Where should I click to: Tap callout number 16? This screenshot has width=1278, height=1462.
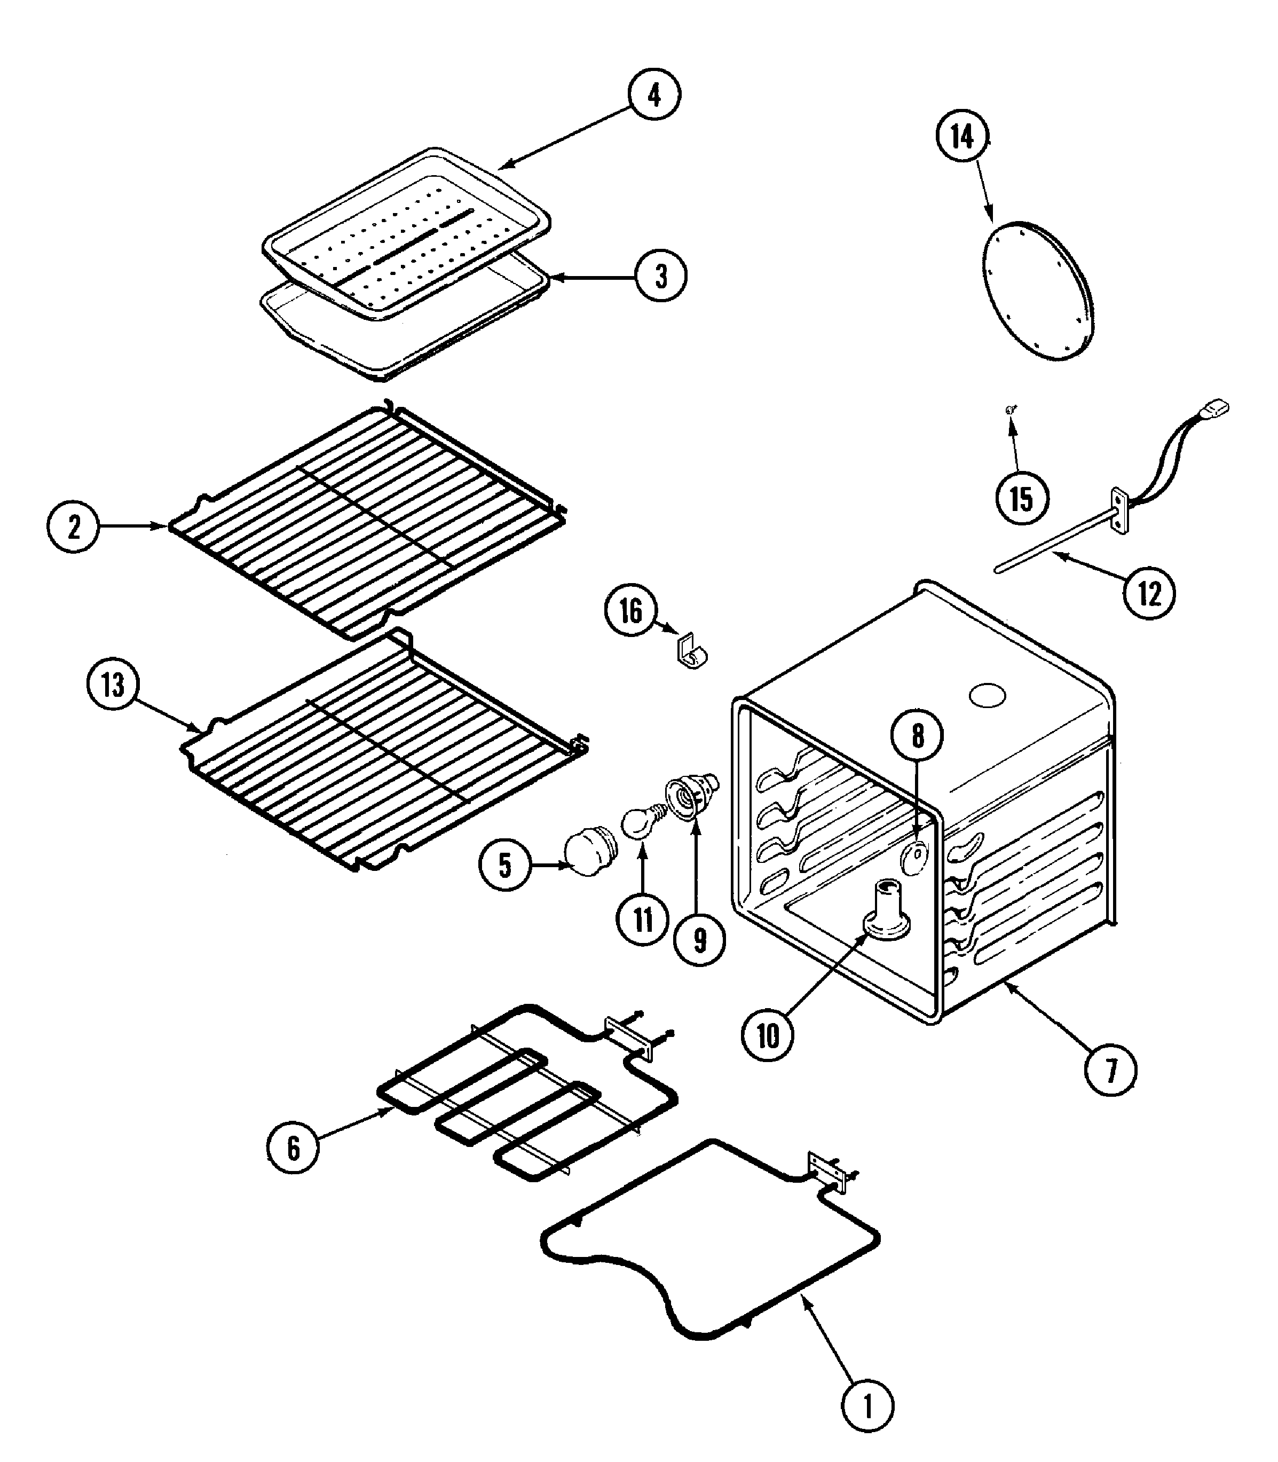pyautogui.click(x=630, y=611)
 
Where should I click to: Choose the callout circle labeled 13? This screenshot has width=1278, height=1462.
pyautogui.click(x=113, y=686)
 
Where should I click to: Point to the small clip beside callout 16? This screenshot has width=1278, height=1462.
pyautogui.click(x=691, y=653)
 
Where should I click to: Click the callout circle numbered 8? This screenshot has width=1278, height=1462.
pyautogui.click(x=917, y=735)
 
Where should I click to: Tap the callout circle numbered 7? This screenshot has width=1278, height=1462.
pyautogui.click(x=1110, y=1071)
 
